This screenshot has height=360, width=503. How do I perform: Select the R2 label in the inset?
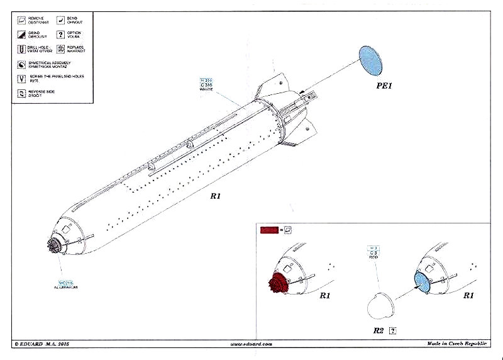point(377,329)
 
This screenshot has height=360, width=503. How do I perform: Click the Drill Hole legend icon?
point(22,49)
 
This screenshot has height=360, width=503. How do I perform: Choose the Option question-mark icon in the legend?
point(62,35)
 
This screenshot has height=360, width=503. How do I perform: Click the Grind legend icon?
point(22,35)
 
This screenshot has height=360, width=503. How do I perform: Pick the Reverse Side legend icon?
point(22,93)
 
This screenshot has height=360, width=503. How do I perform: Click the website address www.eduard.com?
point(251,344)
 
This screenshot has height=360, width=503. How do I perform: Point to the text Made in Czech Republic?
point(457,344)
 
